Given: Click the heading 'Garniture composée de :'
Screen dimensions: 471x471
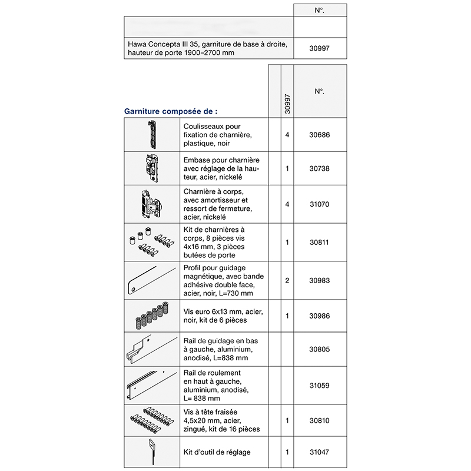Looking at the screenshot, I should [171, 110].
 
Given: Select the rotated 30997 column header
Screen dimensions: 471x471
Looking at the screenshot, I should [287, 102].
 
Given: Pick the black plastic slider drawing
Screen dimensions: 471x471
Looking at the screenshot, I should [152, 134].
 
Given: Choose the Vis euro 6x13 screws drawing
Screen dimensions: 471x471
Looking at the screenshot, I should [151, 317].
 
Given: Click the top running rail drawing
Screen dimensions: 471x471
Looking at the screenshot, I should [151, 386].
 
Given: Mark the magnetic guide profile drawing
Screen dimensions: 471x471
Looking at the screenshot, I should [151, 281].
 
